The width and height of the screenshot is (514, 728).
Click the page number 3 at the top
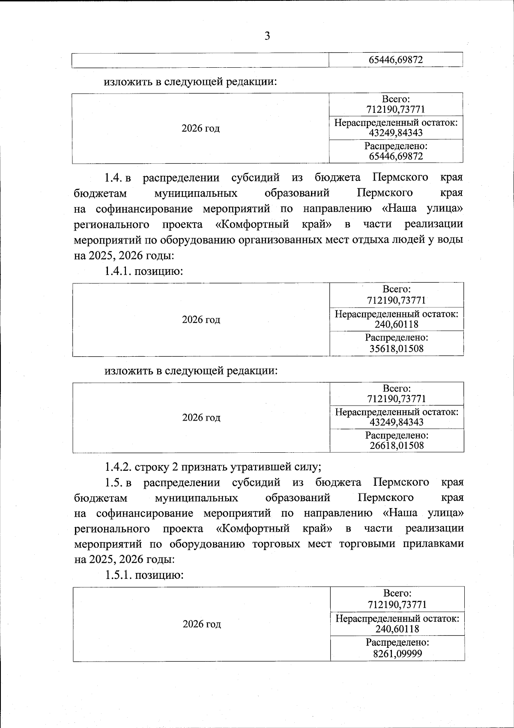pos(267,36)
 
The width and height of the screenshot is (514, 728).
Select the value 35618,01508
pos(397,349)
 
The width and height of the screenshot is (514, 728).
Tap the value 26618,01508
pos(397,445)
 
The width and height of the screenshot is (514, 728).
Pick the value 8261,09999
pos(397,653)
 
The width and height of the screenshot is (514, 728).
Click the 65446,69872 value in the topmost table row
pos(396,60)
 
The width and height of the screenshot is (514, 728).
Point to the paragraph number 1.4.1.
pos(118,271)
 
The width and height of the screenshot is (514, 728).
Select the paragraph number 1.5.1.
pos(118,575)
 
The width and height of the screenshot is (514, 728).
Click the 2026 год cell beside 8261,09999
pos(202,624)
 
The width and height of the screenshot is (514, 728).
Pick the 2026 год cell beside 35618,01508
pos(201,319)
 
